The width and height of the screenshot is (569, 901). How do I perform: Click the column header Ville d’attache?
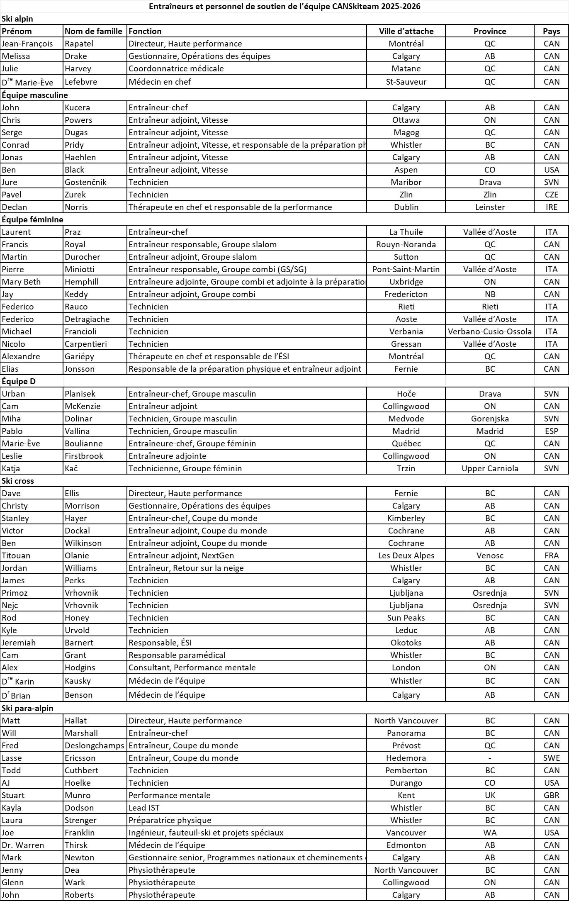406,31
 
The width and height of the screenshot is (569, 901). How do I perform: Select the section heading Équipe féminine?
32,219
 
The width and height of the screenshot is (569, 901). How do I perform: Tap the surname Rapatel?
79,44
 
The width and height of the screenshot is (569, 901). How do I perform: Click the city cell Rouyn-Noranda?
406,244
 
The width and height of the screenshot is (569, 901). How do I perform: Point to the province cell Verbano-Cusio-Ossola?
490,331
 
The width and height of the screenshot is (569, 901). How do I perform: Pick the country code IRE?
551,207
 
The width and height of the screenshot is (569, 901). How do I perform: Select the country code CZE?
551,195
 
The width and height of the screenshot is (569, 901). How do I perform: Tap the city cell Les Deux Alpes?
406,555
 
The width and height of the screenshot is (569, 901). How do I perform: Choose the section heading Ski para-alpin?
27,708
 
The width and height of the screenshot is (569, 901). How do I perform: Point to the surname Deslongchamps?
94,745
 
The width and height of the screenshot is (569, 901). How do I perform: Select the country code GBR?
551,795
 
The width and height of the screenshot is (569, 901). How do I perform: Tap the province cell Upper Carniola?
490,468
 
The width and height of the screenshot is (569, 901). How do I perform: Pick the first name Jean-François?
27,44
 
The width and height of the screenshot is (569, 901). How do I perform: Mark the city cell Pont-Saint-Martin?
406,269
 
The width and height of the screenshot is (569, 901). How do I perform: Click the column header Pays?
551,31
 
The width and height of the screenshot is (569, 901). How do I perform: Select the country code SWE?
551,758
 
